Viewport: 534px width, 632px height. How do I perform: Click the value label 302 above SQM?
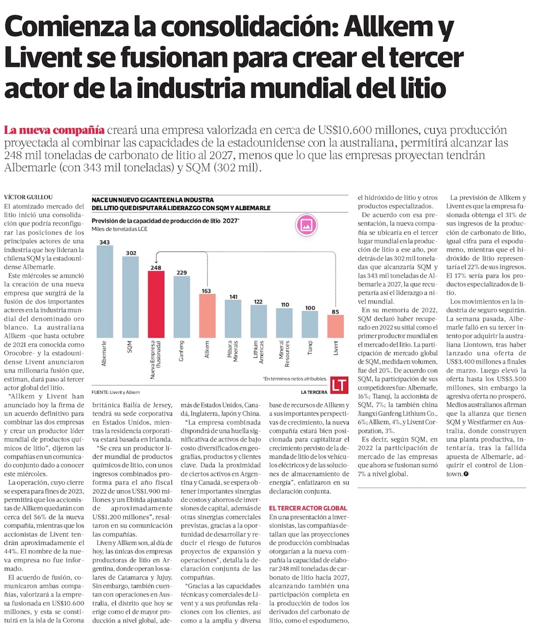coord(131,253)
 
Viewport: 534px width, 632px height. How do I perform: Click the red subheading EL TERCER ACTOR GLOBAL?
coord(308,507)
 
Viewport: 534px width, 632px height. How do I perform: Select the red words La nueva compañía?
coord(54,130)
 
